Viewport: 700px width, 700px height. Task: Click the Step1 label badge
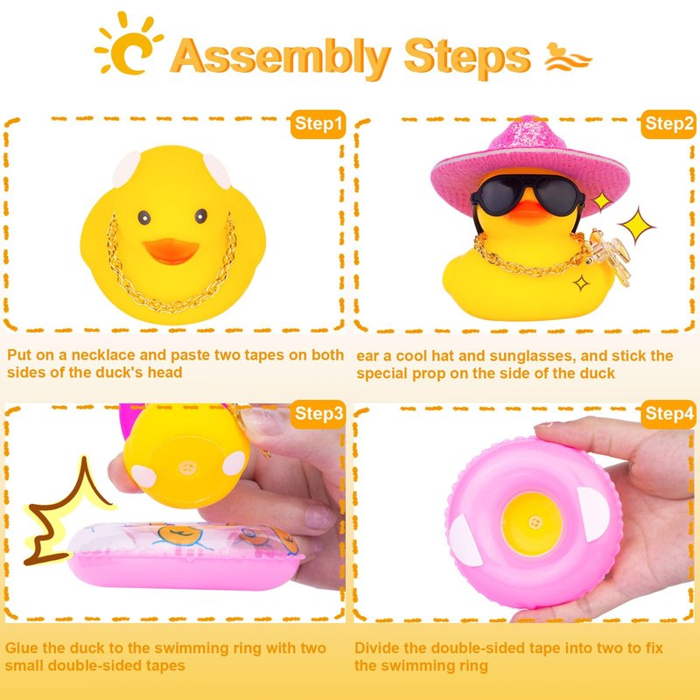coord(318,123)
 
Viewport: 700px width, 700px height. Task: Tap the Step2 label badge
coord(668,123)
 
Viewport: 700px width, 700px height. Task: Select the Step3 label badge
coord(318,413)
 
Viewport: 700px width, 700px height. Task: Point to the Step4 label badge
coord(668,413)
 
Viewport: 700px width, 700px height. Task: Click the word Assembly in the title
coord(281,58)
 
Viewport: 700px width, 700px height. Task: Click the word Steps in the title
coord(467,58)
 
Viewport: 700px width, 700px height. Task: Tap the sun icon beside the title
coord(129,45)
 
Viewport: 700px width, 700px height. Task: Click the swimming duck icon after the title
coord(567,57)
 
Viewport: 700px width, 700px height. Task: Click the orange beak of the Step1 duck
coord(171,251)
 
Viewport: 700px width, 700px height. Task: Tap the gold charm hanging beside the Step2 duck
coord(610,254)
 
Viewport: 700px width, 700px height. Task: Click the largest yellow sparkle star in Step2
coord(637,226)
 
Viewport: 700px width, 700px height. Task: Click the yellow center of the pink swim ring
coord(532,522)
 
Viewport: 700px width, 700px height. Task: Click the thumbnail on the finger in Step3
coord(319,517)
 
